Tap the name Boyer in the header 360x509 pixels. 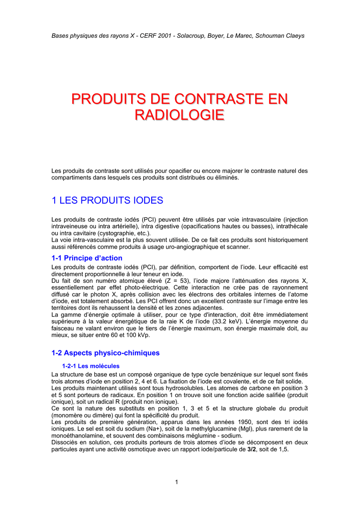click(231, 36)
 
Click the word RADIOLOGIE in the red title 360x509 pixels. click(180, 115)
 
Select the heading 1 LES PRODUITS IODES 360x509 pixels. click(107, 201)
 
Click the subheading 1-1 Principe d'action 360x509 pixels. click(87, 258)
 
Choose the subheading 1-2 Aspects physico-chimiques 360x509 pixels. click(105, 353)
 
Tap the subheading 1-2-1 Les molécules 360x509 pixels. click(90, 366)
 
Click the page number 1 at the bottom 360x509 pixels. click(177, 482)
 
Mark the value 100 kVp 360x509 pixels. click(136, 335)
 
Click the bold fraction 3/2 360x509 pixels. click(252, 449)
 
